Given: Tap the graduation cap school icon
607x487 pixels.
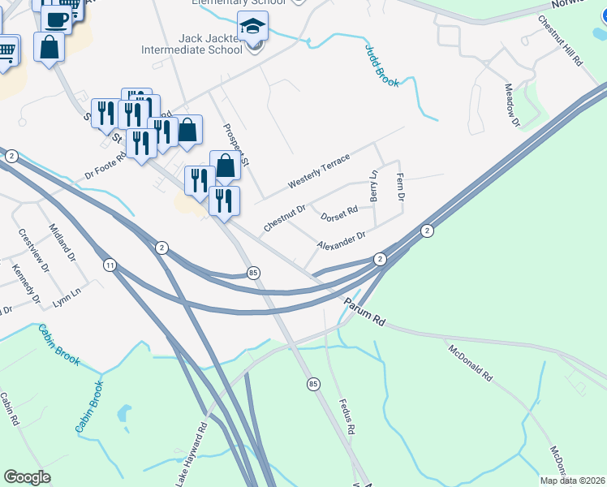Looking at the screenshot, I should click(252, 26).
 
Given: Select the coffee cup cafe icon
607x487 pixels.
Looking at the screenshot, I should click(56, 19).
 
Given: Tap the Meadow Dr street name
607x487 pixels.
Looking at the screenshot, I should click(511, 106).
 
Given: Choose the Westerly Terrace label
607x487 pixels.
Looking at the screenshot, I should click(318, 172).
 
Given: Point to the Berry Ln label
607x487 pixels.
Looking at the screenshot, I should click(374, 186).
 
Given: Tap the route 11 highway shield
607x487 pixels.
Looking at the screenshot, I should click(110, 265).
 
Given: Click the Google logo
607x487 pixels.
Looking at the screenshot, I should click(27, 477).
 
